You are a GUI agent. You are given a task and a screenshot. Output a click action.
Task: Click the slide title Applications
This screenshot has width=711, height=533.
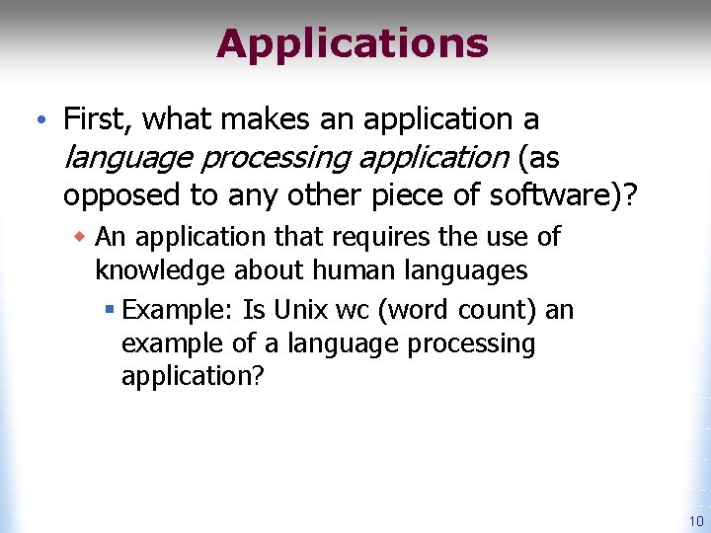point(353,44)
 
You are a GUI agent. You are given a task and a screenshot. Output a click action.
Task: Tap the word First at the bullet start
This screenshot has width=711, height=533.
point(97,119)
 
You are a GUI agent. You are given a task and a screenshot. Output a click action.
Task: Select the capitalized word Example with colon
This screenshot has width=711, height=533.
point(178,311)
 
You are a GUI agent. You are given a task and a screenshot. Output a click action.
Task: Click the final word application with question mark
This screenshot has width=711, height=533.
point(193,377)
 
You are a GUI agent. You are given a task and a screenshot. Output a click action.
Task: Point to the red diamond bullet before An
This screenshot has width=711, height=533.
point(79,237)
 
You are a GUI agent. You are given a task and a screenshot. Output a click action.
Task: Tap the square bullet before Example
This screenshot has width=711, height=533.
point(110,311)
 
